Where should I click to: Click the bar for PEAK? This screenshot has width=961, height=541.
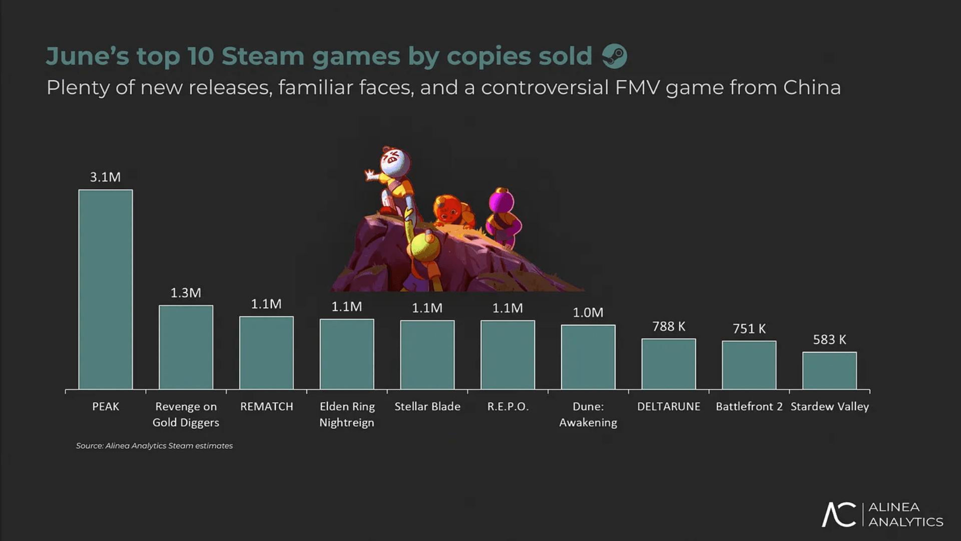pyautogui.click(x=106, y=289)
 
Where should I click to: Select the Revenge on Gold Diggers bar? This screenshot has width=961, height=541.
pyautogui.click(x=186, y=347)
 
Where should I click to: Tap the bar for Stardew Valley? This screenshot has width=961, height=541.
pyautogui.click(x=829, y=370)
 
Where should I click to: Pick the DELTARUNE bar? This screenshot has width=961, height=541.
pyautogui.click(x=669, y=364)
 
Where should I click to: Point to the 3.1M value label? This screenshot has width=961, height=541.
pyautogui.click(x=105, y=177)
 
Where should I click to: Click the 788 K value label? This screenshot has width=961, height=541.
pyautogui.click(x=669, y=327)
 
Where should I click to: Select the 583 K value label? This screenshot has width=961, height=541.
pyautogui.click(x=829, y=340)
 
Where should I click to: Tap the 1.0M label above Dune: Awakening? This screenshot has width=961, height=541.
pyautogui.click(x=588, y=313)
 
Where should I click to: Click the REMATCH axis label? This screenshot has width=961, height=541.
pyautogui.click(x=266, y=406)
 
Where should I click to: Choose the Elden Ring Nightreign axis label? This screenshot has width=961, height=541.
pyautogui.click(x=347, y=414)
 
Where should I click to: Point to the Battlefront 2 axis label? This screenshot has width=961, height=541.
pyautogui.click(x=749, y=406)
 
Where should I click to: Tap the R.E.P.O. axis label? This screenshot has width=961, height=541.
pyautogui.click(x=508, y=406)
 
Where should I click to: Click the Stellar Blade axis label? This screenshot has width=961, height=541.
pyautogui.click(x=427, y=406)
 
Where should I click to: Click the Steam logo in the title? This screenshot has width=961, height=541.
pyautogui.click(x=615, y=56)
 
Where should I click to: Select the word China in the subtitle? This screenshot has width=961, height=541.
pyautogui.click(x=812, y=88)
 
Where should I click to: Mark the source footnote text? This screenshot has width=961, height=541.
pyautogui.click(x=154, y=445)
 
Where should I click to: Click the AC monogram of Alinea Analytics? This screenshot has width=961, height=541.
pyautogui.click(x=839, y=514)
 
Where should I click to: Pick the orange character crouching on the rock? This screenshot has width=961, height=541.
pyautogui.click(x=452, y=210)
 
